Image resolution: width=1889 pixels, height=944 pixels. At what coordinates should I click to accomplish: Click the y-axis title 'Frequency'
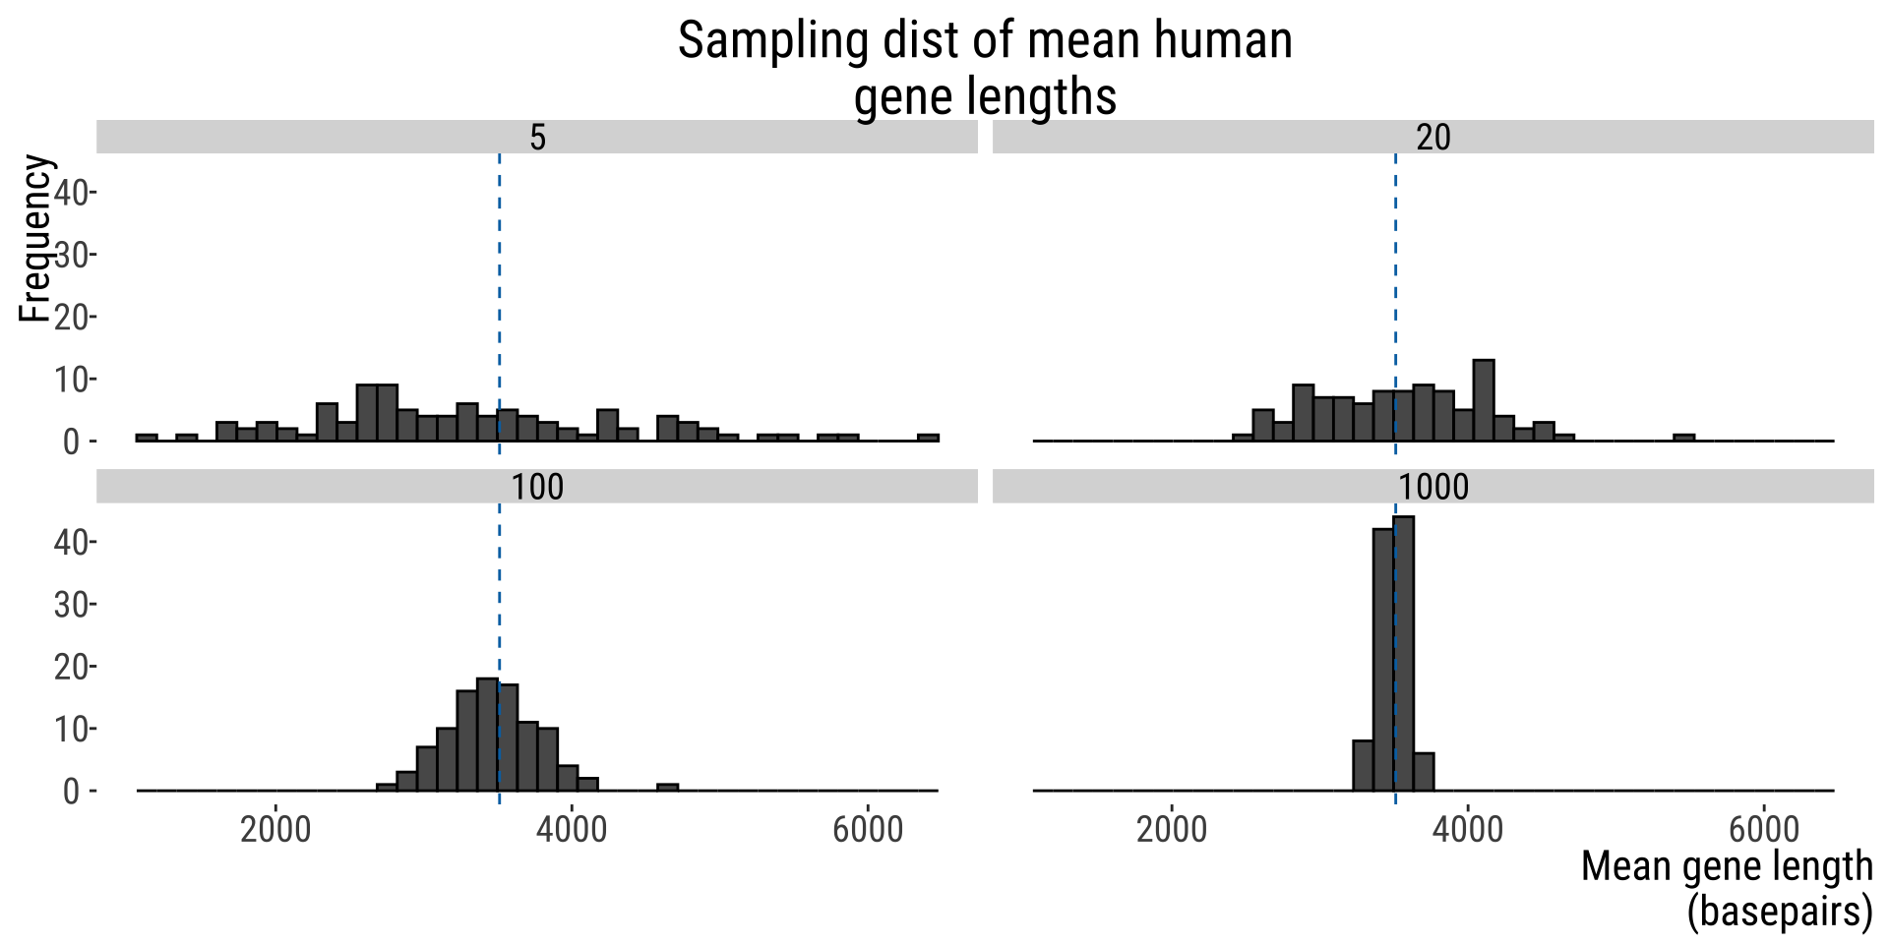pyautogui.click(x=35, y=239)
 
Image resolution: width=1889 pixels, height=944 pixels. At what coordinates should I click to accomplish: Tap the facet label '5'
pyautogui.click(x=537, y=138)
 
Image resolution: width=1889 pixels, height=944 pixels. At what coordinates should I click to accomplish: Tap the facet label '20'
pyautogui.click(x=1432, y=138)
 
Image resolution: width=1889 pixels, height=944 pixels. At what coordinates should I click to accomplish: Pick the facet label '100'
pyautogui.click(x=537, y=487)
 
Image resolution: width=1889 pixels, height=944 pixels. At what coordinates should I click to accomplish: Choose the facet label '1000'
pyautogui.click(x=1432, y=487)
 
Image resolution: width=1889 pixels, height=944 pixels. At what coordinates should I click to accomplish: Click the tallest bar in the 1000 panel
pyautogui.click(x=1404, y=653)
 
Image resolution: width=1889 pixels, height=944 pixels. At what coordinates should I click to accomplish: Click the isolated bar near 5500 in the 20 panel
pyautogui.click(x=1683, y=438)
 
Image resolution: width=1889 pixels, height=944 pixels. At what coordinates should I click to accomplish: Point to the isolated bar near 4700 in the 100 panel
pyautogui.click(x=668, y=787)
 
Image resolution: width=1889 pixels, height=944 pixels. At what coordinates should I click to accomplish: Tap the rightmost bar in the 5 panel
pyautogui.click(x=928, y=438)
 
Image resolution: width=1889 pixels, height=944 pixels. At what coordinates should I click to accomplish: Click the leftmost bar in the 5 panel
pyautogui.click(x=147, y=438)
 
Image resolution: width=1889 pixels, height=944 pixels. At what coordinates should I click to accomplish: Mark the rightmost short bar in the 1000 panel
pyautogui.click(x=1424, y=772)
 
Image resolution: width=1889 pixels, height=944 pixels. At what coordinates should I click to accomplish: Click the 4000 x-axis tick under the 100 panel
pyautogui.click(x=571, y=829)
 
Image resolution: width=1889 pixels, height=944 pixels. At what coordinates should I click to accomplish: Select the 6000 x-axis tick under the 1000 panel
pyautogui.click(x=1763, y=829)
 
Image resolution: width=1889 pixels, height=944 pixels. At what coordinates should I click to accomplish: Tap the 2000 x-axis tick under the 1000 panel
pyautogui.click(x=1171, y=829)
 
